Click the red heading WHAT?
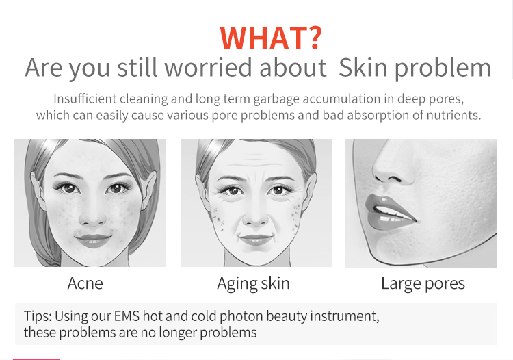(272, 38)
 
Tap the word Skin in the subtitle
(366, 68)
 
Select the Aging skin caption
(253, 283)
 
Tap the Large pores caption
(423, 283)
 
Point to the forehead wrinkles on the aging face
(255, 166)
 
